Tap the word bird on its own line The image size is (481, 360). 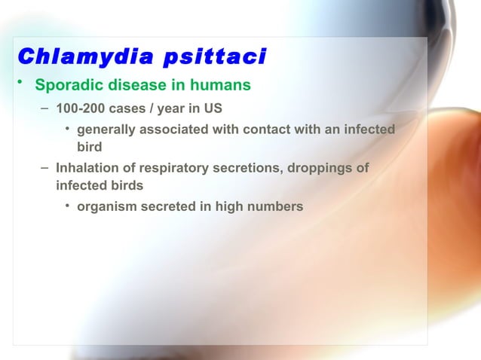pyautogui.click(x=90, y=148)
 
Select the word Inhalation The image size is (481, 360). pyautogui.click(x=86, y=168)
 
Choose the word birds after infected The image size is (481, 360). pyautogui.click(x=126, y=185)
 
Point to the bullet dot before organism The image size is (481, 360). pyautogui.click(x=68, y=205)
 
